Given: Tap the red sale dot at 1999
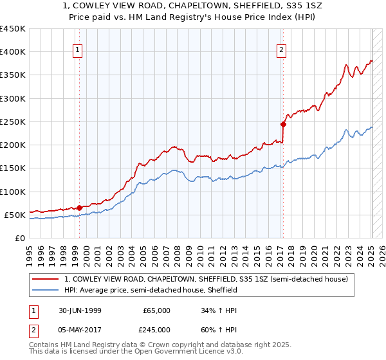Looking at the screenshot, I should (80, 208).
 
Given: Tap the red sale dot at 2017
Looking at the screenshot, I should (283, 124).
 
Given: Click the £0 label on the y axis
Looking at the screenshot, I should (21, 238).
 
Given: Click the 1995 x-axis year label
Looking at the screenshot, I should (29, 253).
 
